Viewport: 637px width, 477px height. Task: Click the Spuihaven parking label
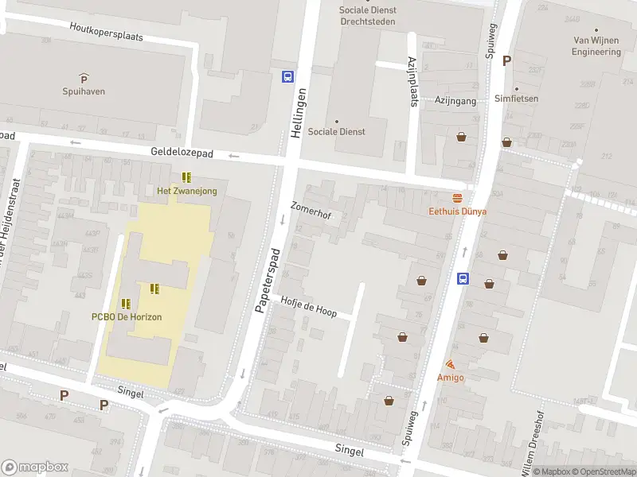tap(84, 91)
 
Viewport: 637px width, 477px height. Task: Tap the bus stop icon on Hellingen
tap(287, 77)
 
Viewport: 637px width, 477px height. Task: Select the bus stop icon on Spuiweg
tap(463, 278)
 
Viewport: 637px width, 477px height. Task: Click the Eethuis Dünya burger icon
tap(457, 199)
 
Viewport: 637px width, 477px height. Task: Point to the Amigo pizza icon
tap(451, 364)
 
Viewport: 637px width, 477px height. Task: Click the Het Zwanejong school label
tap(186, 191)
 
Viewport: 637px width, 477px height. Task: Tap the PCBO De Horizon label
tap(126, 316)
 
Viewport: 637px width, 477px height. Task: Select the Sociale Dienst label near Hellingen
tap(336, 131)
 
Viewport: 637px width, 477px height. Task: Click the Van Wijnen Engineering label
tap(596, 46)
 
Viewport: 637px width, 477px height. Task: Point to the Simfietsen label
tap(516, 99)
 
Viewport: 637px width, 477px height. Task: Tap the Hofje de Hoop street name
tap(308, 307)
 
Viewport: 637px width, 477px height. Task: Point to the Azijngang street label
tap(455, 101)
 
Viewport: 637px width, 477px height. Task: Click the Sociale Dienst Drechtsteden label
tap(367, 16)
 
